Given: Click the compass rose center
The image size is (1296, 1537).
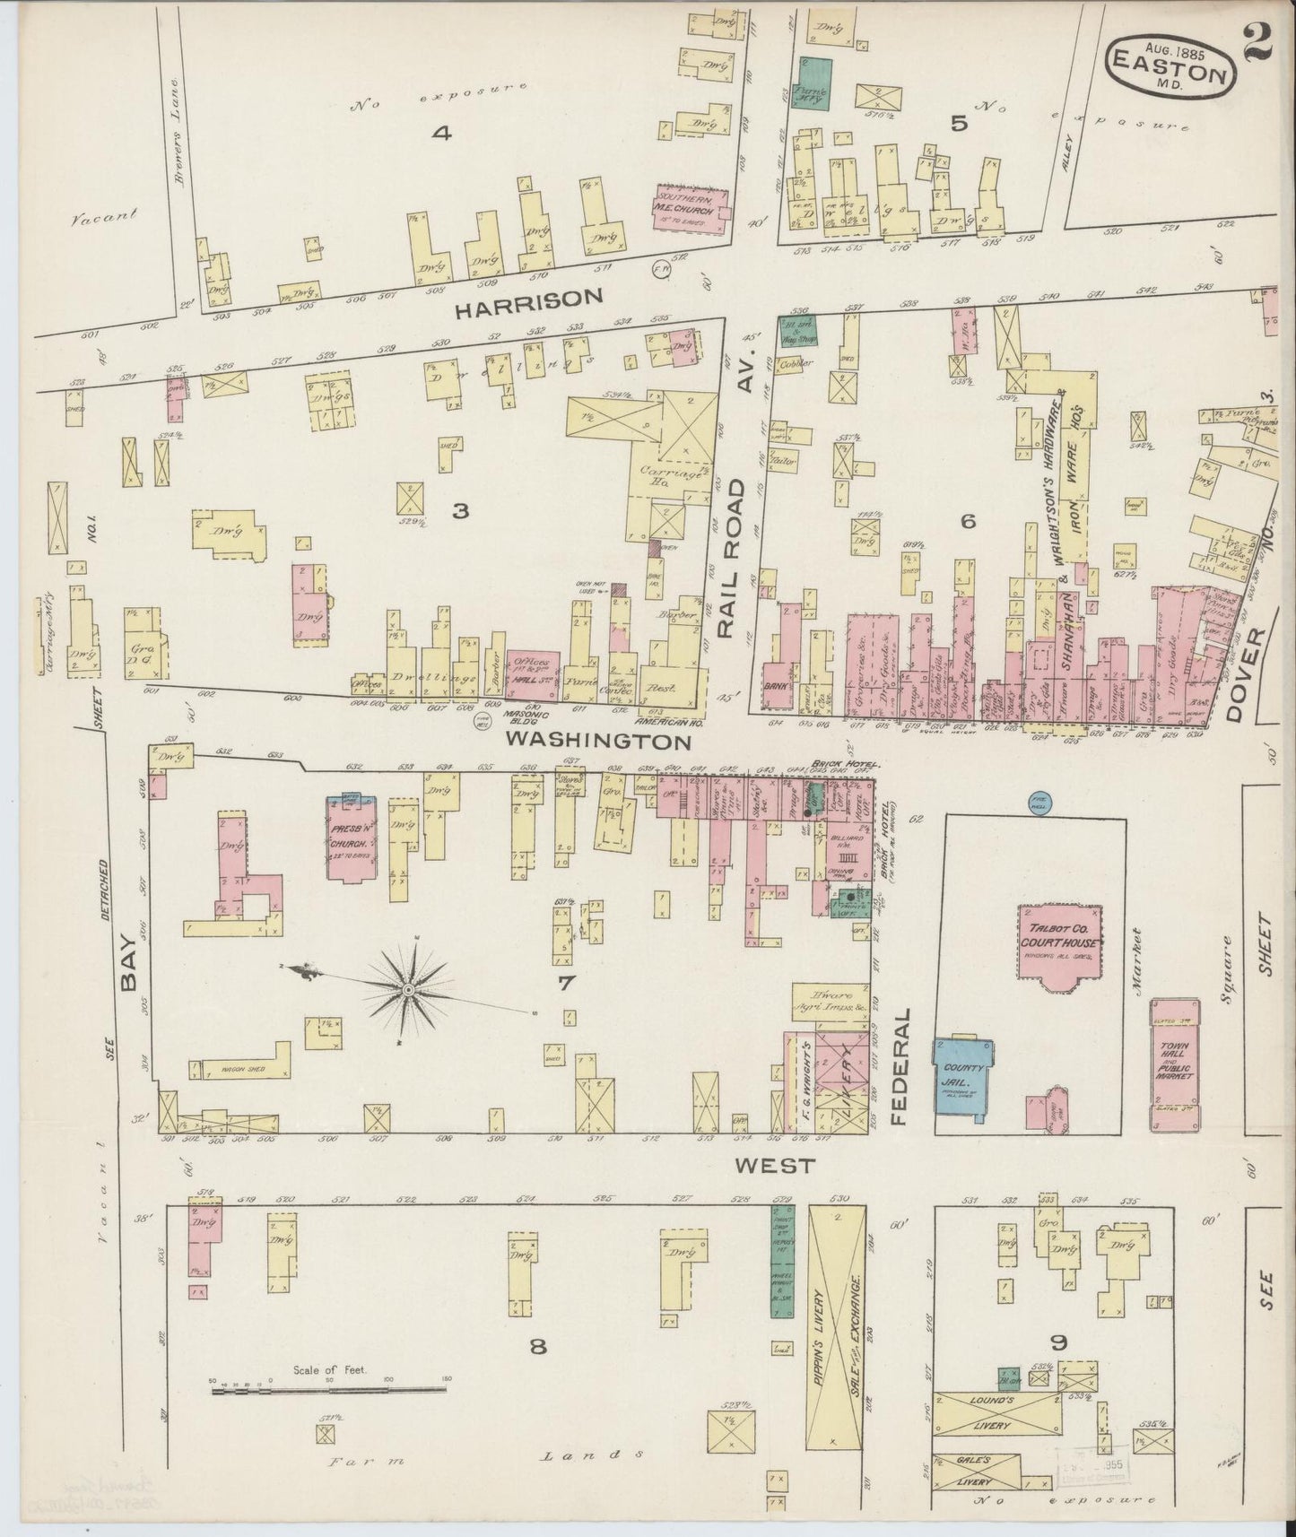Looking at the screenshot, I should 408,989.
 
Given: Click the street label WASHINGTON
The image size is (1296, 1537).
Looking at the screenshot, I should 598,742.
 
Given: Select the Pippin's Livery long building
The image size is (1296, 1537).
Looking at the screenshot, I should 836,1340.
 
